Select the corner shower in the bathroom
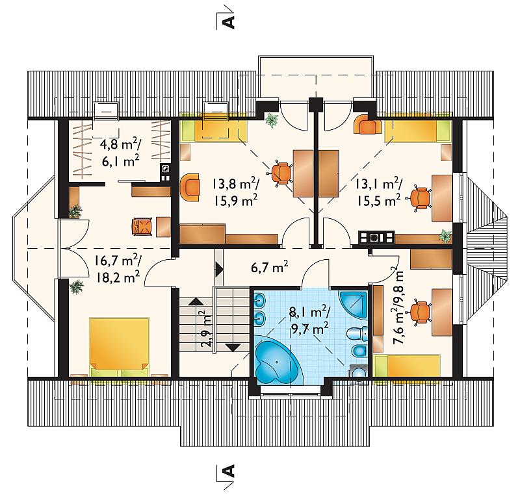(354, 305)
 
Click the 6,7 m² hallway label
(270, 267)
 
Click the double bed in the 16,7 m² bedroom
(120, 348)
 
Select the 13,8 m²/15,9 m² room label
(236, 192)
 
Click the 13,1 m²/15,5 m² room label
(379, 192)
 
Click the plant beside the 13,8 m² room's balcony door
(272, 120)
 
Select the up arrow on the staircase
(196, 301)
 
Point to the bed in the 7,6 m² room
(407, 366)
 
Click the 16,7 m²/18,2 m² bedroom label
(118, 269)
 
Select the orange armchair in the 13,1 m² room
(368, 124)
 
